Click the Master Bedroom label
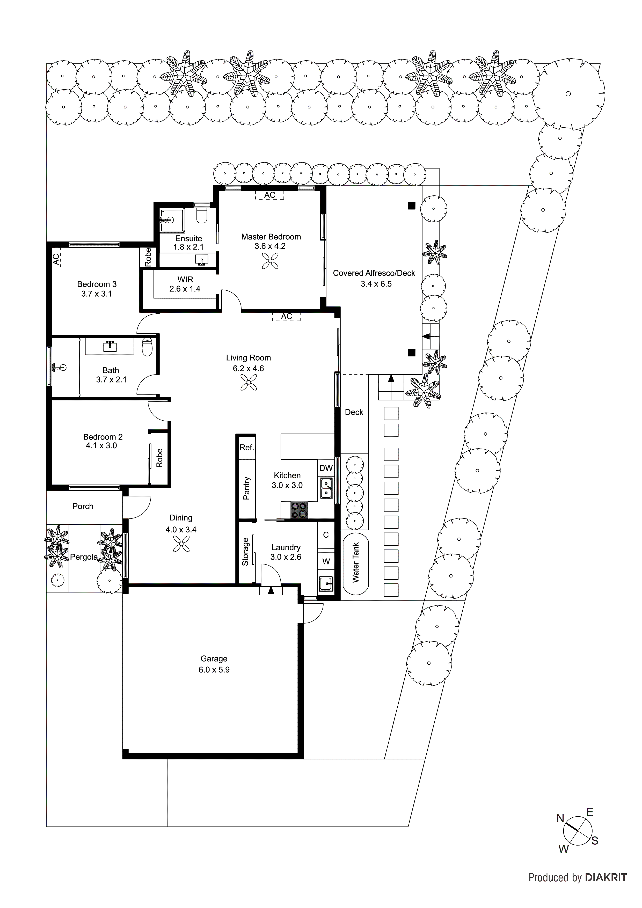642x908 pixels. point(271,237)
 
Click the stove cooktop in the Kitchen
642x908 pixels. point(299,510)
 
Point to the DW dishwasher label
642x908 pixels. point(326,468)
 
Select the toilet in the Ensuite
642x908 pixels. point(202,216)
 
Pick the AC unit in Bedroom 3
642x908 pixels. point(56,259)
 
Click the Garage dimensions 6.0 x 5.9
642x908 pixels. point(214,670)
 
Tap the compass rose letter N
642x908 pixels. point(560,819)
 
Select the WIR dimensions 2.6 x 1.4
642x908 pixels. point(185,289)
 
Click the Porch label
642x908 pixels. point(83,506)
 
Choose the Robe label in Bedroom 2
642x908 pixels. point(159,458)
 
